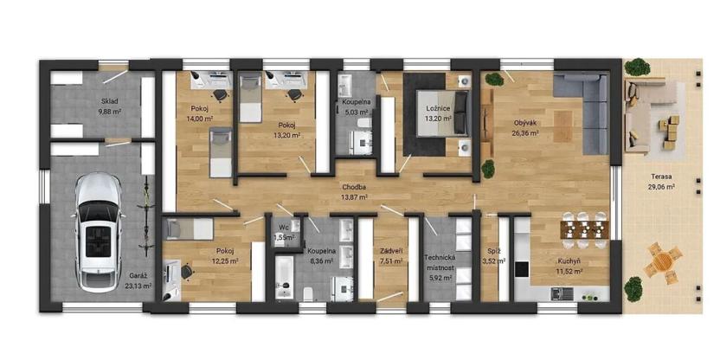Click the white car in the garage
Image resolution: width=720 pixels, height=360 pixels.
(99, 232)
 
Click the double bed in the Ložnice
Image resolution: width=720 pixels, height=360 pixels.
(443, 113)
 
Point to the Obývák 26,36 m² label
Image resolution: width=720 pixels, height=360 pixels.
(525, 128)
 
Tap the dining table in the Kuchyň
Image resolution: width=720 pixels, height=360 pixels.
(584, 229)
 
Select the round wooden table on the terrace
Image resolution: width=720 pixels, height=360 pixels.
(663, 263)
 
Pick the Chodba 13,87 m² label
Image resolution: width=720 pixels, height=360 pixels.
(356, 192)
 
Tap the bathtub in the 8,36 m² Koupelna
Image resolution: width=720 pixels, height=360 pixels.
(284, 277)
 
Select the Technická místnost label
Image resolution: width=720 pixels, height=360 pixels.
(440, 263)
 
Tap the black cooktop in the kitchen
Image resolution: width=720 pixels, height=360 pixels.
(522, 268)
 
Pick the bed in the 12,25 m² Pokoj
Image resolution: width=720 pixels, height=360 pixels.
(188, 228)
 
